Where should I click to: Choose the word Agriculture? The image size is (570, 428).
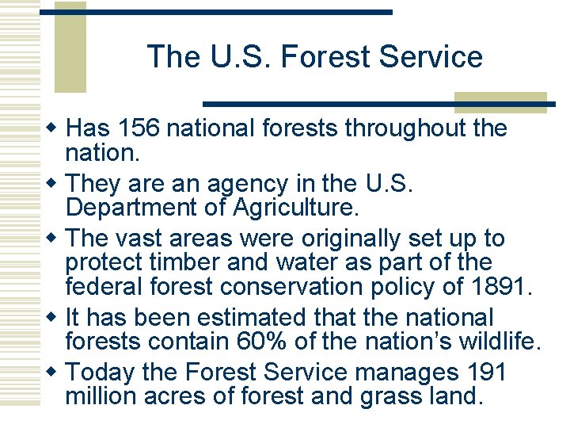(x=291, y=208)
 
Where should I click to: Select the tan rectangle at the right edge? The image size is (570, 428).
(x=500, y=101)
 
